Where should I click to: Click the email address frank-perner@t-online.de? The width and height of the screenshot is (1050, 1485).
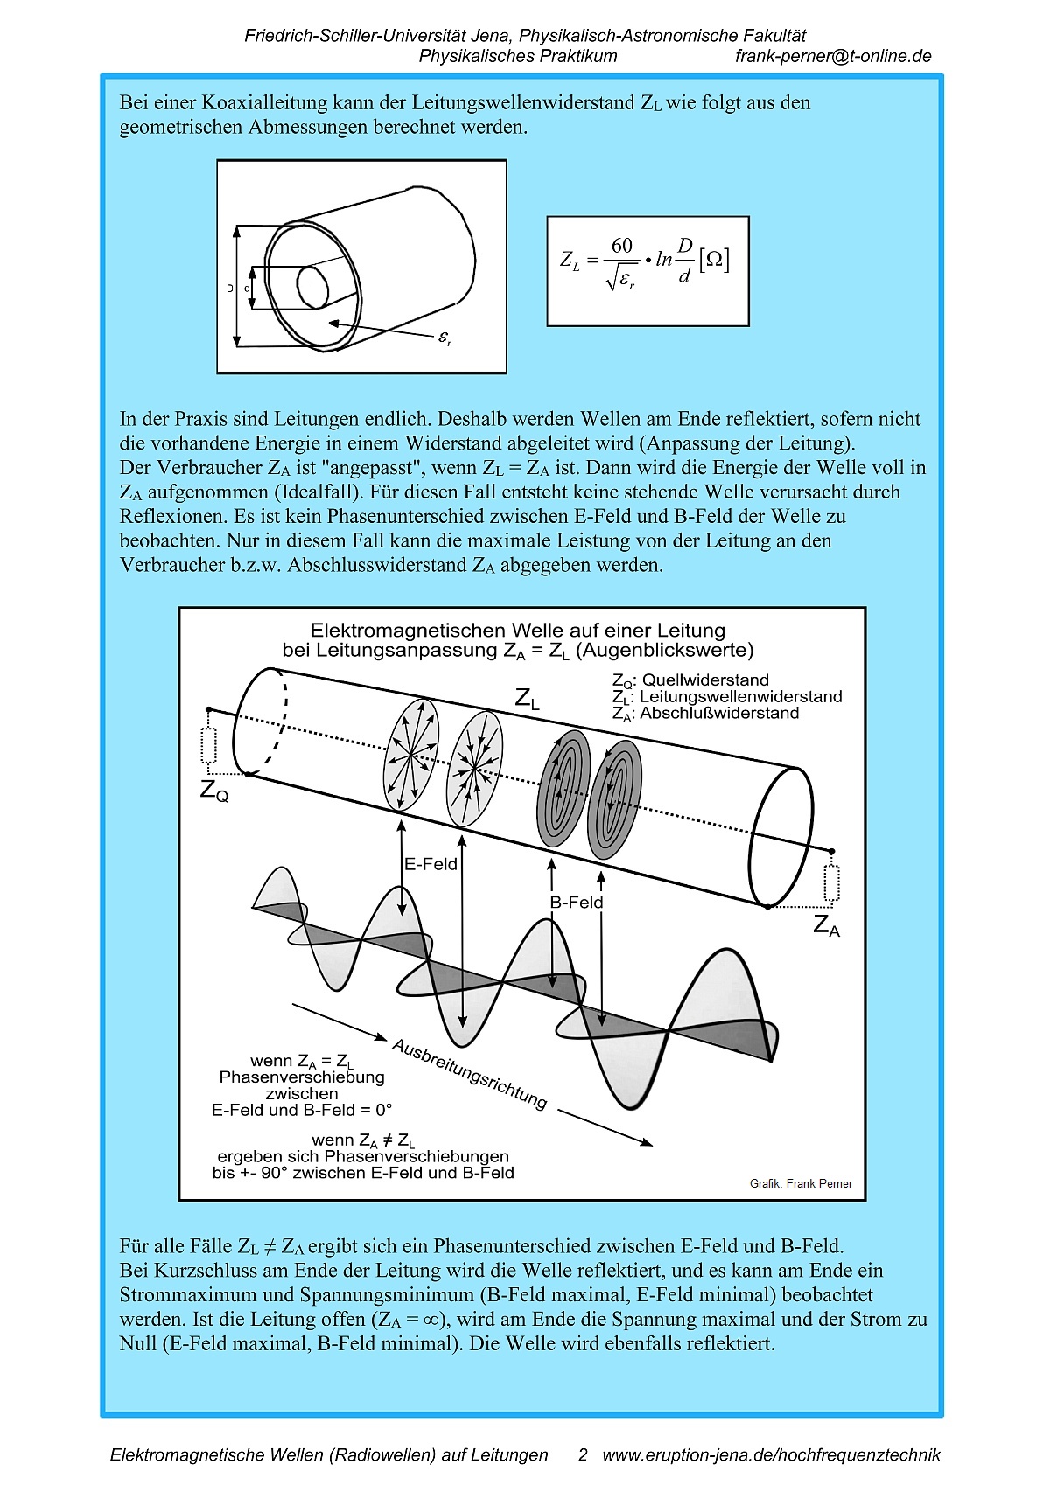833,56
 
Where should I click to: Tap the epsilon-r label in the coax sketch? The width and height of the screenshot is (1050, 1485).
444,338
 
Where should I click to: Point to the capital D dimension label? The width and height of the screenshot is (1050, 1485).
230,289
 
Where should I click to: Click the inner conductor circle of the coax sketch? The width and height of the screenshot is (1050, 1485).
311,286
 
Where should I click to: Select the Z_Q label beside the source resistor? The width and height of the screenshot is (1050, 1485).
214,791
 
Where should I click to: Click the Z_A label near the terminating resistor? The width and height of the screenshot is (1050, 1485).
826,924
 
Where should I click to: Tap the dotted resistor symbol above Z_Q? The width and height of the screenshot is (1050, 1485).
208,745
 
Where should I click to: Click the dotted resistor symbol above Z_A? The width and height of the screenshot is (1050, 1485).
831,882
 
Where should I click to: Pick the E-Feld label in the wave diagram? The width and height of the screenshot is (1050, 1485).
430,864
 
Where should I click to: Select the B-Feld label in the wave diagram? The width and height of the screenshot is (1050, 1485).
577,902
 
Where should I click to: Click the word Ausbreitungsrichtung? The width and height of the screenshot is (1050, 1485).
470,1073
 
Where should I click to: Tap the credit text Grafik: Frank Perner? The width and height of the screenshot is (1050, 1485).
801,1183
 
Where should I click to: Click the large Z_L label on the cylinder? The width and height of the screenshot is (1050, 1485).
527,699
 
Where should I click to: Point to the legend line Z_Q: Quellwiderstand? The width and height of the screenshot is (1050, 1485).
690,680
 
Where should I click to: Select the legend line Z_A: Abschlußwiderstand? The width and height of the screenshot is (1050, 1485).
705,713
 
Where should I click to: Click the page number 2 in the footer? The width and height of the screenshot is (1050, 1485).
583,1454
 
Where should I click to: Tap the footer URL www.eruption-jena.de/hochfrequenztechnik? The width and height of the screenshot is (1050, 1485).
771,1454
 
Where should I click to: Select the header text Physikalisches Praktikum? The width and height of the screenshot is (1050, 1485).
518,56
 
